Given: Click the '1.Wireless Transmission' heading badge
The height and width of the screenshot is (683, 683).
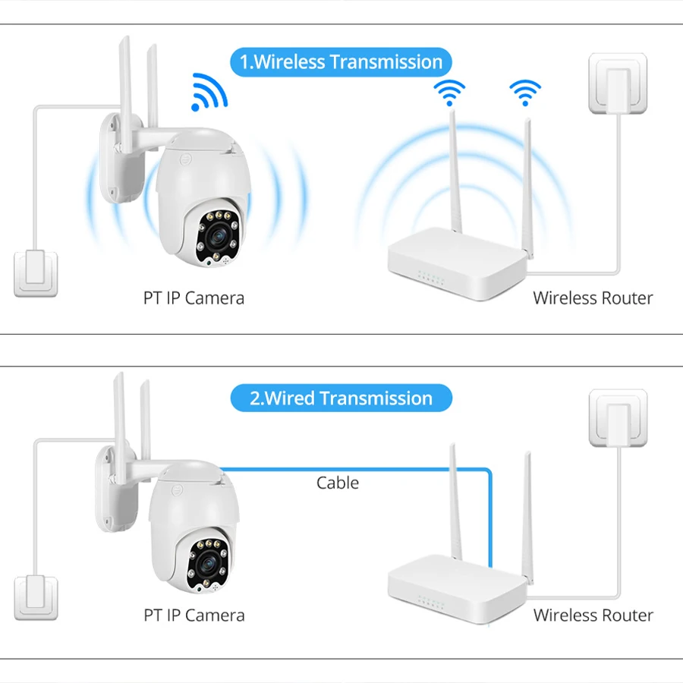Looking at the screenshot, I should pyautogui.click(x=341, y=62).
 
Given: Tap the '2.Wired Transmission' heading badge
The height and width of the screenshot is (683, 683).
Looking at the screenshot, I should pyautogui.click(x=341, y=398).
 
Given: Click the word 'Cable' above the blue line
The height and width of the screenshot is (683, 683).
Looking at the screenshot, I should pyautogui.click(x=338, y=483).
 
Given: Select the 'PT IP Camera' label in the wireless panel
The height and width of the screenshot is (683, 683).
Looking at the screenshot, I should pyautogui.click(x=194, y=297).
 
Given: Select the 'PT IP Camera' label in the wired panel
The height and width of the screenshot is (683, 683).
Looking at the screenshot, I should pyautogui.click(x=194, y=615).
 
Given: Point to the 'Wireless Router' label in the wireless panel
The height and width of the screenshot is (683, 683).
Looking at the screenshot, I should pyautogui.click(x=593, y=297).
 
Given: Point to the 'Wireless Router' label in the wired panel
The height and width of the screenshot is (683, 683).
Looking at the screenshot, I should pyautogui.click(x=593, y=615).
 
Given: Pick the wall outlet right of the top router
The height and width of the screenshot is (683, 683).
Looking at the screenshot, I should pyautogui.click(x=618, y=83).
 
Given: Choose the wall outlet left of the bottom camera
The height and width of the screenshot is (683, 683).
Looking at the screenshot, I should pyautogui.click(x=35, y=597).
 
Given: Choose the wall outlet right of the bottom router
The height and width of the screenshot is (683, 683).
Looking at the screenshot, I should pyautogui.click(x=618, y=417).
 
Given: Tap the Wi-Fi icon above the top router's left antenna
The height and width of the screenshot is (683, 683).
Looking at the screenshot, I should pyautogui.click(x=449, y=92).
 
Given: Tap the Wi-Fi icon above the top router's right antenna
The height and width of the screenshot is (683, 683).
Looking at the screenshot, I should pyautogui.click(x=525, y=92).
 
